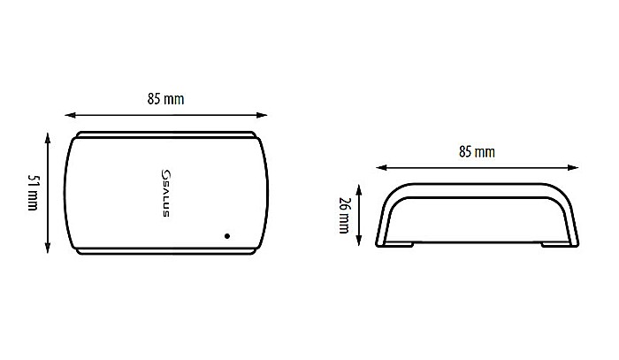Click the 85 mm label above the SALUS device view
pyautogui.click(x=166, y=99)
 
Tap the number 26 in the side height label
pyautogui.click(x=344, y=203)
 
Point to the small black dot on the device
pyautogui.click(x=228, y=235)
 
